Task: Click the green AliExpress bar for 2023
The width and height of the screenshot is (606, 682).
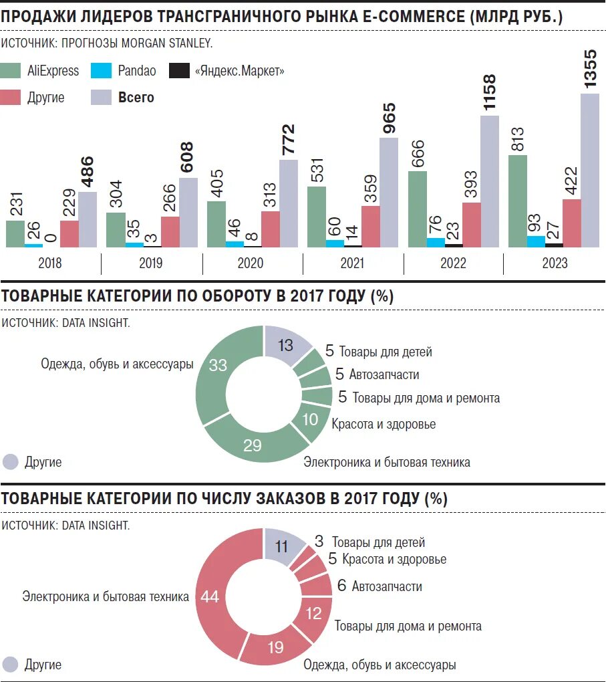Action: point(518,201)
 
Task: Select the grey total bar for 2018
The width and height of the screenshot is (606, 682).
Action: point(88,219)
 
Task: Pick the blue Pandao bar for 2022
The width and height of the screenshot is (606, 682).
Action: point(436,242)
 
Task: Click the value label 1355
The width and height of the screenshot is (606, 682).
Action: point(591,68)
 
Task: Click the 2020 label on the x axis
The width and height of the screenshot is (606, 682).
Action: point(251,263)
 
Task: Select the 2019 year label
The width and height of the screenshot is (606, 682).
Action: point(151,263)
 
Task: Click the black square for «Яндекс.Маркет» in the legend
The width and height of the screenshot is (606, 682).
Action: point(179,71)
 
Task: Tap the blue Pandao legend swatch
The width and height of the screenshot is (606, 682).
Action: point(101,71)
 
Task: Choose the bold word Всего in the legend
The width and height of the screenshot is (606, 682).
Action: point(136,98)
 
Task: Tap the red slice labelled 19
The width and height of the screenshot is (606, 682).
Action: point(275,647)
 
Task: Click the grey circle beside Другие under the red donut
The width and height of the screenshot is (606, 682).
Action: point(11,665)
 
